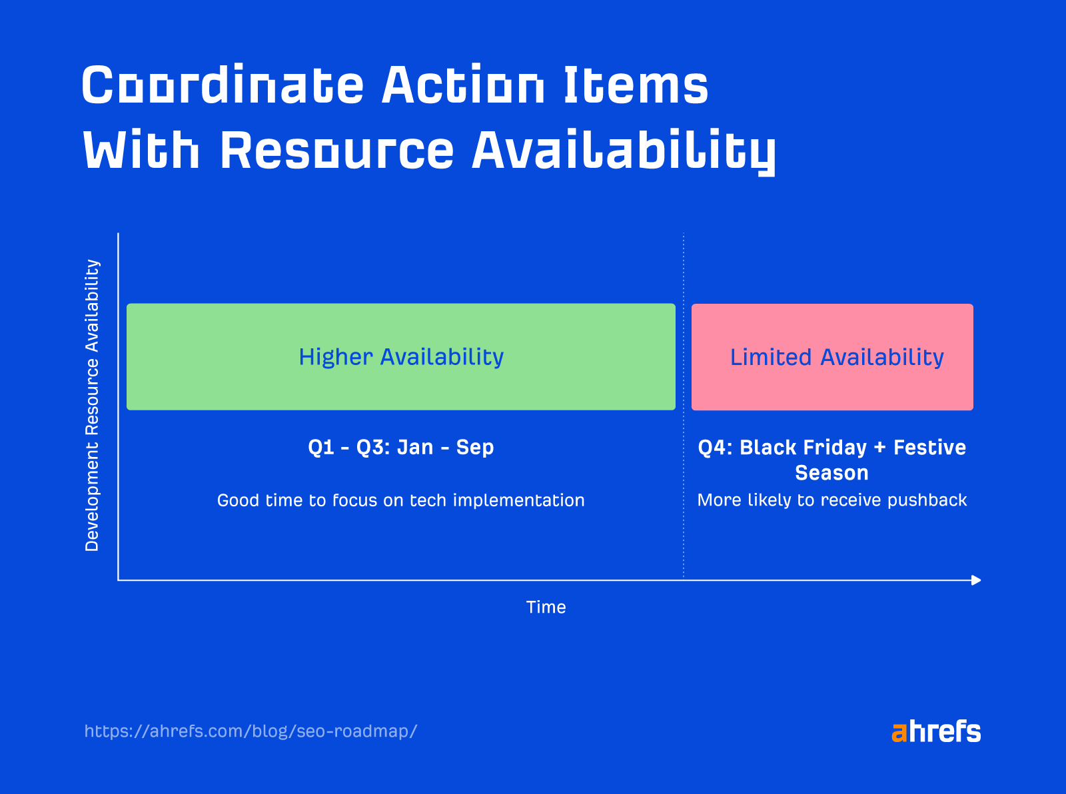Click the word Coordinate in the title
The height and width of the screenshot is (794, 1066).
coord(223,85)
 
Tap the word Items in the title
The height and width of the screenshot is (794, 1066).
coord(636,85)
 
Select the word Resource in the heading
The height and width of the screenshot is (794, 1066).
coord(337,150)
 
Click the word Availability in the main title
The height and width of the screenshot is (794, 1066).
coord(624,150)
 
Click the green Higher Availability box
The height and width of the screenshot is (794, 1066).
coord(401,357)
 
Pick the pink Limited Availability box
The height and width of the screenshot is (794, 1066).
coord(832,357)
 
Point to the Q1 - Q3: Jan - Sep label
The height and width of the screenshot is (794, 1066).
coord(401,447)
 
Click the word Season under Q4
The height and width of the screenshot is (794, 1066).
coord(831,473)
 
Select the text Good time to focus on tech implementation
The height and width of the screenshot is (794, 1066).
coord(401,500)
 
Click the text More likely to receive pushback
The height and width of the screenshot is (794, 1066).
coord(831,500)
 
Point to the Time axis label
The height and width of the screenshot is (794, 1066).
coord(546,607)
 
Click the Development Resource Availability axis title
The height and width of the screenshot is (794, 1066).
coord(92,405)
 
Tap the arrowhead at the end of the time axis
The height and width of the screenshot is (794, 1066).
coord(976,580)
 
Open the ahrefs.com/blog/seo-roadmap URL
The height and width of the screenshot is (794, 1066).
coord(251,731)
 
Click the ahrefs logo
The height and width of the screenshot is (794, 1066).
coord(936,731)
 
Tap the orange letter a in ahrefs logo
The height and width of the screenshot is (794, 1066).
coord(899,733)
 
